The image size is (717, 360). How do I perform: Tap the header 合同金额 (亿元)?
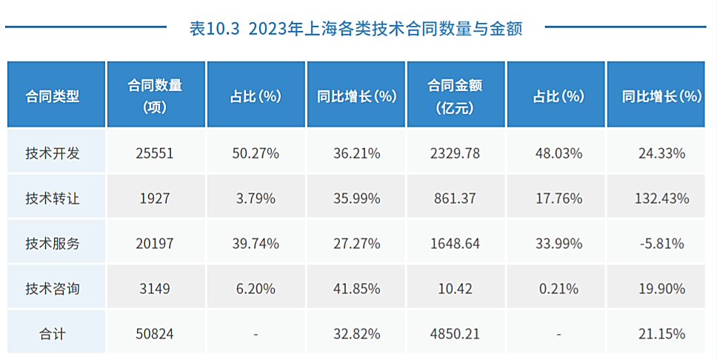point(455,96)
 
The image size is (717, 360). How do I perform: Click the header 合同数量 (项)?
point(155,96)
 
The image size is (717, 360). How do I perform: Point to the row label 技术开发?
point(53,153)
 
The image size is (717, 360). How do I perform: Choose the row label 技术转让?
point(53,199)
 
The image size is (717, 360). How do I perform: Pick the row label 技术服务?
point(53,243)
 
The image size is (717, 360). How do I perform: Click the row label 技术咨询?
point(53,288)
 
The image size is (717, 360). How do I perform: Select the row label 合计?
point(53,334)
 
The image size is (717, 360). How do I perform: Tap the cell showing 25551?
point(155,153)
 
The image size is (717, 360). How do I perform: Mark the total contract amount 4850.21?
point(455,334)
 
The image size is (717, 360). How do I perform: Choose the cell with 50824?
point(155,334)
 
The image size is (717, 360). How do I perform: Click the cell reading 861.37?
point(455,199)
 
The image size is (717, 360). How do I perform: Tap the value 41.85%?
point(356,288)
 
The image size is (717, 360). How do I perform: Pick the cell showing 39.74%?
point(256,243)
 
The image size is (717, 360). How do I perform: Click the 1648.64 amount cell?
point(455,243)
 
